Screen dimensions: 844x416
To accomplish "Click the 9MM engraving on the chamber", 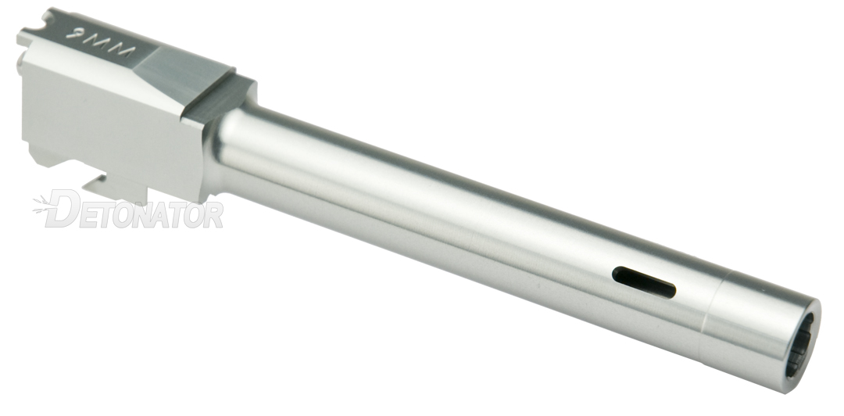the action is [101, 42].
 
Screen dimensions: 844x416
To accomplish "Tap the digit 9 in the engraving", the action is [74, 34].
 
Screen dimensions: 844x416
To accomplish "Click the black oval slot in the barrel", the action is [644, 282].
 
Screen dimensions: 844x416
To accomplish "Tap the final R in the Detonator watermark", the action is [213, 214].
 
